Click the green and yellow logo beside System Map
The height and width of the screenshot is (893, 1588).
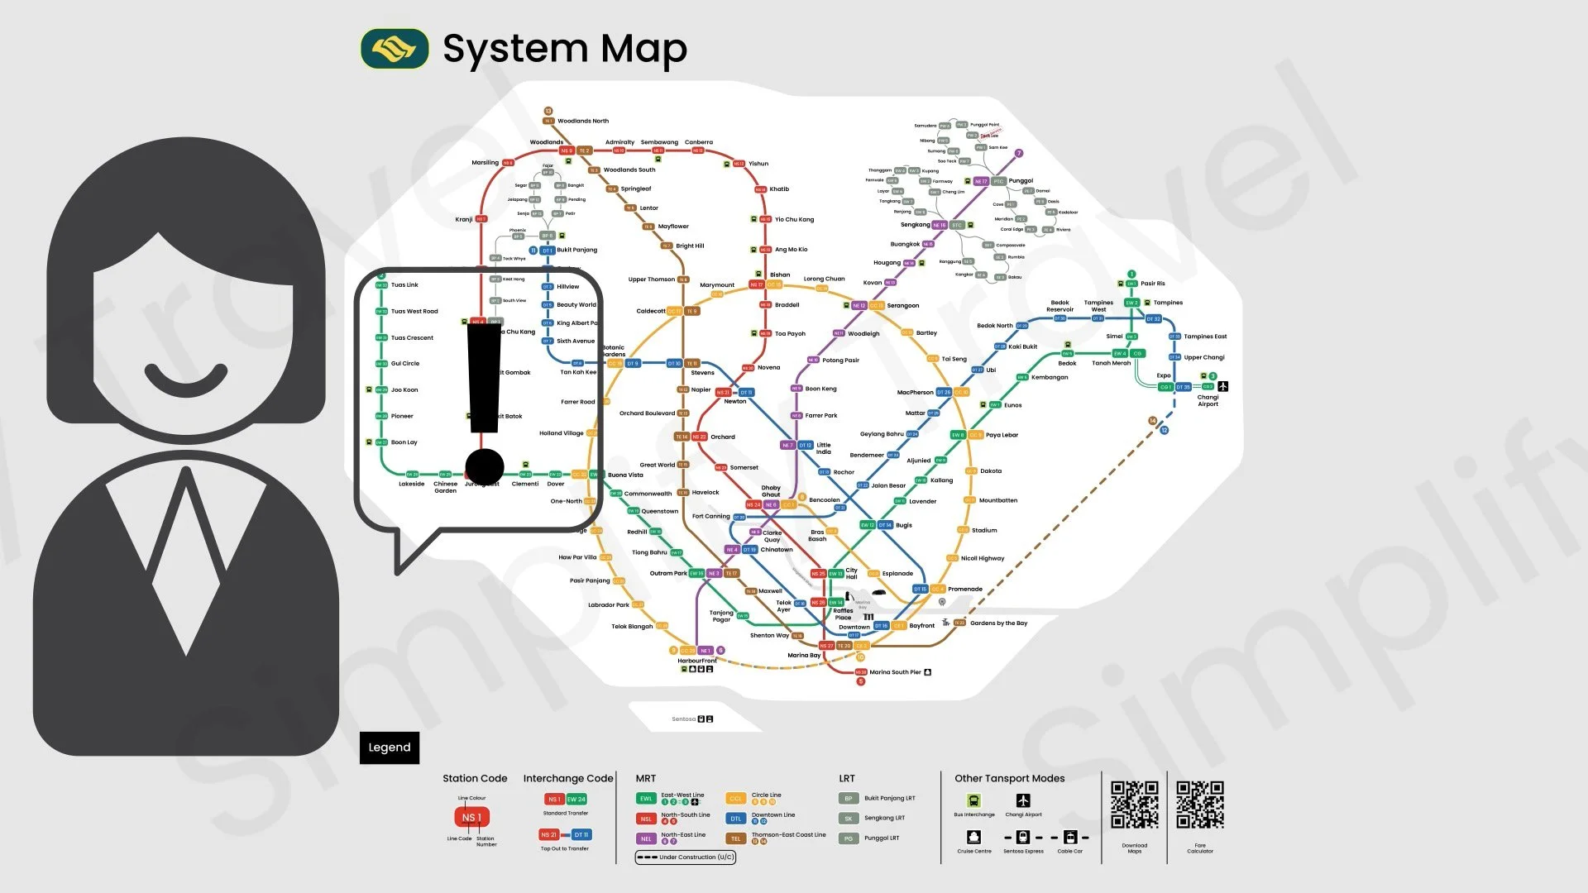coord(395,49)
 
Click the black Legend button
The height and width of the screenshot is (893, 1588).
coord(389,747)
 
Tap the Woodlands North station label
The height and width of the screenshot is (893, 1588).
coord(582,121)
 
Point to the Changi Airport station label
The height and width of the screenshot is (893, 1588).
coord(1208,400)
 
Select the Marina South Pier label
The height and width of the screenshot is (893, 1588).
coord(895,672)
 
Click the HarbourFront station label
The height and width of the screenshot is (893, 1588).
coord(697,661)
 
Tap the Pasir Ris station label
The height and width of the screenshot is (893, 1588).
coord(1152,284)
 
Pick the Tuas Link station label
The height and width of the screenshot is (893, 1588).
coord(404,285)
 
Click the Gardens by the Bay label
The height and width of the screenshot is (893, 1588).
coord(998,623)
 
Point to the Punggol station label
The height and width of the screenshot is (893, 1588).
coord(1021,181)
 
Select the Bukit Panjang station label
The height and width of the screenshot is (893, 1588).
coord(576,250)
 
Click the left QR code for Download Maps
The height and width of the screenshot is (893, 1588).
coord(1134,805)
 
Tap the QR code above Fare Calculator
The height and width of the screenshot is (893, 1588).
coord(1199,805)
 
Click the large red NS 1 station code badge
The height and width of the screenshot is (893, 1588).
coord(471,818)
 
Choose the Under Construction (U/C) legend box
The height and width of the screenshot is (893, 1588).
coord(685,857)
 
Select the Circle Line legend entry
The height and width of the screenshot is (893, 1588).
coord(766,795)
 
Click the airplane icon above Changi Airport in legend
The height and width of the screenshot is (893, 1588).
coord(1023,800)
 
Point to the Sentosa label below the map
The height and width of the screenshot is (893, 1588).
coord(683,719)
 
